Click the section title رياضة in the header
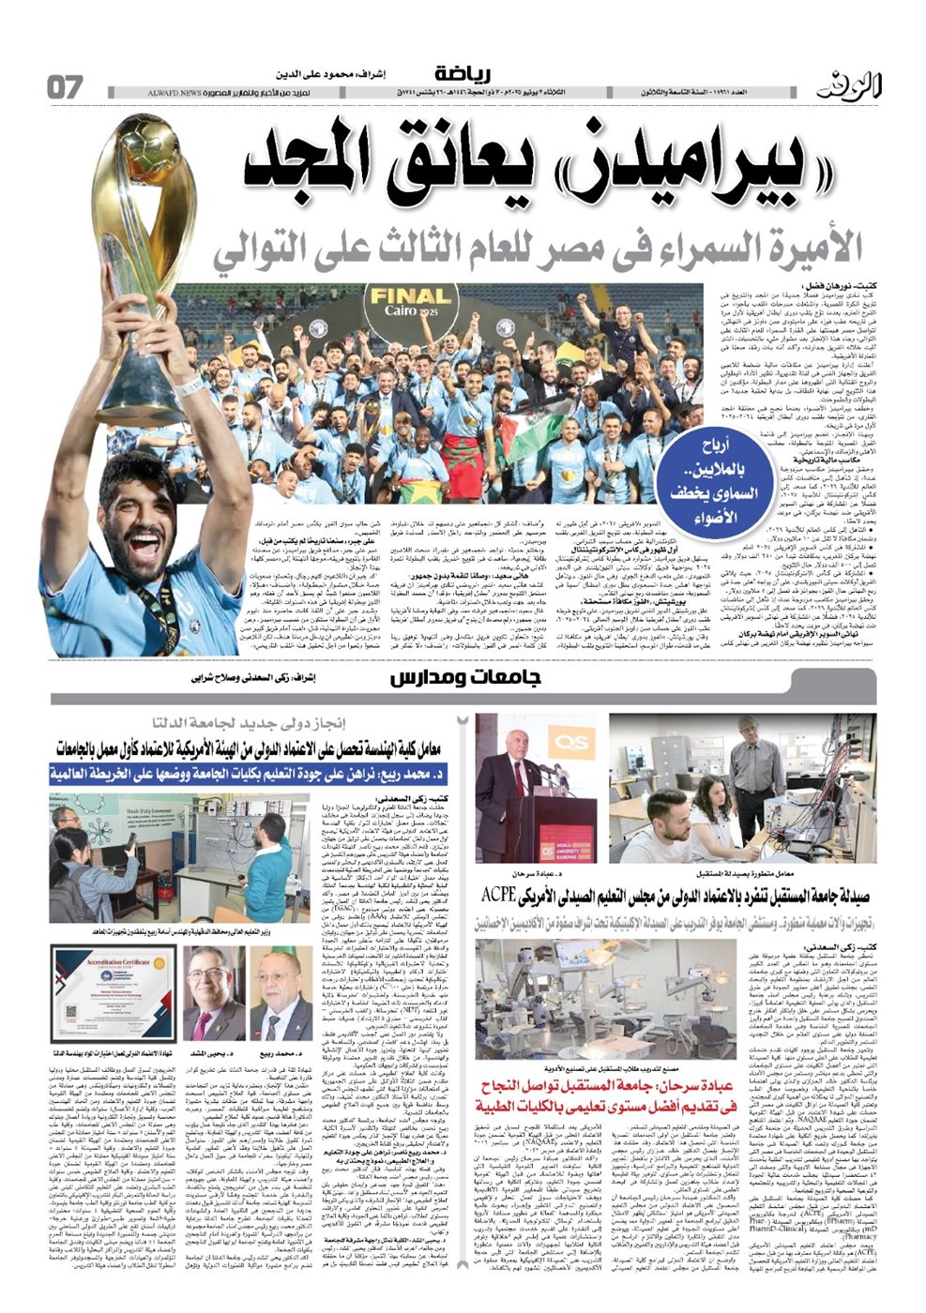point(463,74)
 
